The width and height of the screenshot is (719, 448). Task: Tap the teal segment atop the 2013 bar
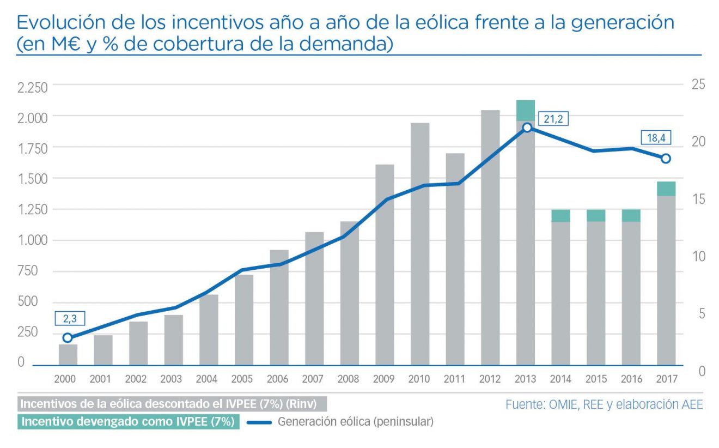pyautogui.click(x=526, y=111)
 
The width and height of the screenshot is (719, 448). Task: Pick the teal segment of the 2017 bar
pyautogui.click(x=666, y=189)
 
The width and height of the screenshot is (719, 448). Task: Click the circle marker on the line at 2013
pyautogui.click(x=526, y=128)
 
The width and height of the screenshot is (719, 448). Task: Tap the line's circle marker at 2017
pyautogui.click(x=666, y=159)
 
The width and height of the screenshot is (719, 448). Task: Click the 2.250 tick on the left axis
pyautogui.click(x=33, y=88)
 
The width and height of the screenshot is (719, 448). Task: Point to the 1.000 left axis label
pyautogui.click(x=33, y=241)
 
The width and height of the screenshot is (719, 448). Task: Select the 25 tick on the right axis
pyautogui.click(x=698, y=84)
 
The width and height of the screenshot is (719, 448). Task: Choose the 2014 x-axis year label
pyautogui.click(x=560, y=379)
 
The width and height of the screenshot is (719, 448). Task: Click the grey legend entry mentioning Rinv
pyautogui.click(x=172, y=404)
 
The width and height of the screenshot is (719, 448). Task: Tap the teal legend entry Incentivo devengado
pyautogui.click(x=129, y=422)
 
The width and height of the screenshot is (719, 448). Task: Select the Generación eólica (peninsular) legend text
pyautogui.click(x=356, y=421)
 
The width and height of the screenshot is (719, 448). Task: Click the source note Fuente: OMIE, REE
pyautogui.click(x=604, y=404)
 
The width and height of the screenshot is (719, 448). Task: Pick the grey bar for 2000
pyautogui.click(x=68, y=354)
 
